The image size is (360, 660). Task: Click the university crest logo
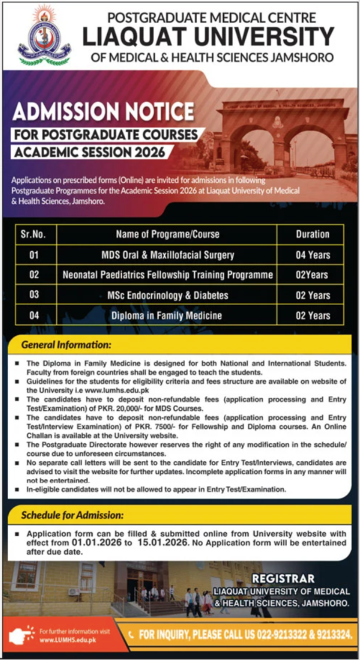[x=44, y=36]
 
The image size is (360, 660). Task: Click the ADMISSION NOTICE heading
[x=104, y=110]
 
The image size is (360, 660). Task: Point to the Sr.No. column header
[x=34, y=234]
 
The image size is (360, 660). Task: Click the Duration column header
[x=312, y=234]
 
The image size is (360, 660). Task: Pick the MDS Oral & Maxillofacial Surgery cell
[x=168, y=255]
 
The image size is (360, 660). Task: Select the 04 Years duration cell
[x=312, y=255]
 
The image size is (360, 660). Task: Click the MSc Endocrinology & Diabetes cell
[x=168, y=295]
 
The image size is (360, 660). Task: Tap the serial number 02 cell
[x=34, y=275]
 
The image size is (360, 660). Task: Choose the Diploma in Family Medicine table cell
[x=168, y=316]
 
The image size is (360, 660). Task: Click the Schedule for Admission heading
[x=72, y=514]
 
